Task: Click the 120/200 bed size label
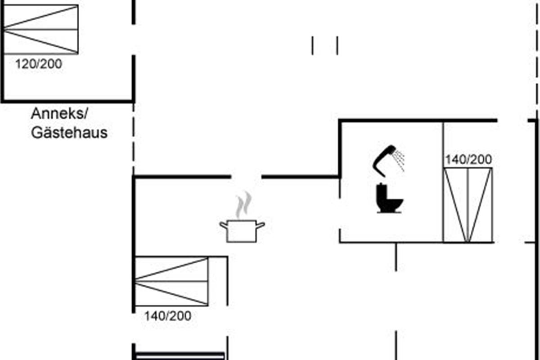39,64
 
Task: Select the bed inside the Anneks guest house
40,30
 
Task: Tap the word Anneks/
57,114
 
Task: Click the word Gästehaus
69,133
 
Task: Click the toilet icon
389,198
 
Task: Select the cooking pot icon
242,230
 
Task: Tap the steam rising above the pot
243,205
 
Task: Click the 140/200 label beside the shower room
468,159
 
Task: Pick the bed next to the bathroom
468,205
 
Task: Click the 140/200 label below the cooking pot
167,316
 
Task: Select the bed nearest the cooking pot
172,281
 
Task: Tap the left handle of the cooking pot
224,224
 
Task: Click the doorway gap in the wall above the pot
247,177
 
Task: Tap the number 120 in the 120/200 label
25,64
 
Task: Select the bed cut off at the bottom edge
180,356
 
